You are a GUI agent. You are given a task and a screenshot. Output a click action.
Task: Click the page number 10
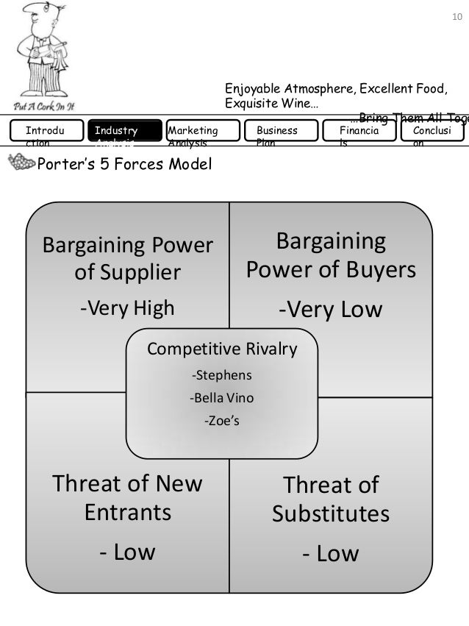(454, 15)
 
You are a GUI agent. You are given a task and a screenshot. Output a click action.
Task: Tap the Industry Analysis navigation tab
(124, 131)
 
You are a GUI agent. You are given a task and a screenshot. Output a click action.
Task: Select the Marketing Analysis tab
(203, 131)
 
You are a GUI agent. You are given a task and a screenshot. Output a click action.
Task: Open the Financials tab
(361, 131)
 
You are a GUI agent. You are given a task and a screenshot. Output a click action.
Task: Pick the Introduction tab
(46, 131)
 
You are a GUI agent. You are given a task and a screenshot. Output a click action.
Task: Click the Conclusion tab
(432, 131)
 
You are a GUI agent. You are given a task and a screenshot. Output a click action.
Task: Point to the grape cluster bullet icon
(20, 163)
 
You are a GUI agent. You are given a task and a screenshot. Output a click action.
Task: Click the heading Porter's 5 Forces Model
(123, 163)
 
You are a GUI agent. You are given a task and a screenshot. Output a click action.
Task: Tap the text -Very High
(127, 307)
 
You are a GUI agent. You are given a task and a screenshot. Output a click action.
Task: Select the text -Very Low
(330, 310)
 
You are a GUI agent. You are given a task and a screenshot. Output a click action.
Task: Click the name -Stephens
(221, 375)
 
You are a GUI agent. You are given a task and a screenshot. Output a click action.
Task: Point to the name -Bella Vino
(221, 399)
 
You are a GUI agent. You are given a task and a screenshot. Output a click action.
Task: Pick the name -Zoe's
(221, 422)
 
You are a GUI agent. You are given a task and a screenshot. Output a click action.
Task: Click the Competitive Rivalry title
(222, 349)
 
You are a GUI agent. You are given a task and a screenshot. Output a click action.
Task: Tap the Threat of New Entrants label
(127, 497)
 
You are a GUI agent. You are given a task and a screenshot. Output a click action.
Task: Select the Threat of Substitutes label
(331, 499)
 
